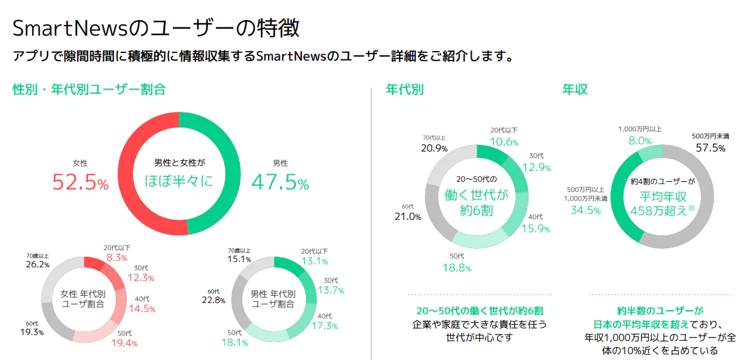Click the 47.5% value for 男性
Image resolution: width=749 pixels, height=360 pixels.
[x=280, y=182]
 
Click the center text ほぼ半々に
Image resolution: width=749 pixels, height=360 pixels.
[x=179, y=181]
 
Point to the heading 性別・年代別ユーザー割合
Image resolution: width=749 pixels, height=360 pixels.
[x=89, y=89]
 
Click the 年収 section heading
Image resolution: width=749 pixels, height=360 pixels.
[x=574, y=89]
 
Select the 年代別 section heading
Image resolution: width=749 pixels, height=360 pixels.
[x=404, y=89]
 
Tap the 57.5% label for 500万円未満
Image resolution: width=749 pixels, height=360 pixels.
[x=710, y=148]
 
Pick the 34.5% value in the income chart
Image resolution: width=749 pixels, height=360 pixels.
[x=586, y=210]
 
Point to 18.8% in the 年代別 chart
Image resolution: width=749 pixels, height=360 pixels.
[x=457, y=267]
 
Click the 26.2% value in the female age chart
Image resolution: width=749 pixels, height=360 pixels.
[x=37, y=264]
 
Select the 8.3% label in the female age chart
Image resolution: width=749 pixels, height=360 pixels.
[x=117, y=258]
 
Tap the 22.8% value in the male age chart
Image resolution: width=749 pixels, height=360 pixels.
[x=213, y=300]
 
